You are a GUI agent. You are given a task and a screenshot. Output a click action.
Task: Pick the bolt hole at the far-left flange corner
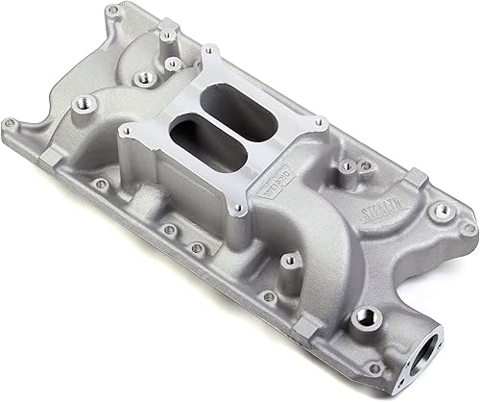12,123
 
